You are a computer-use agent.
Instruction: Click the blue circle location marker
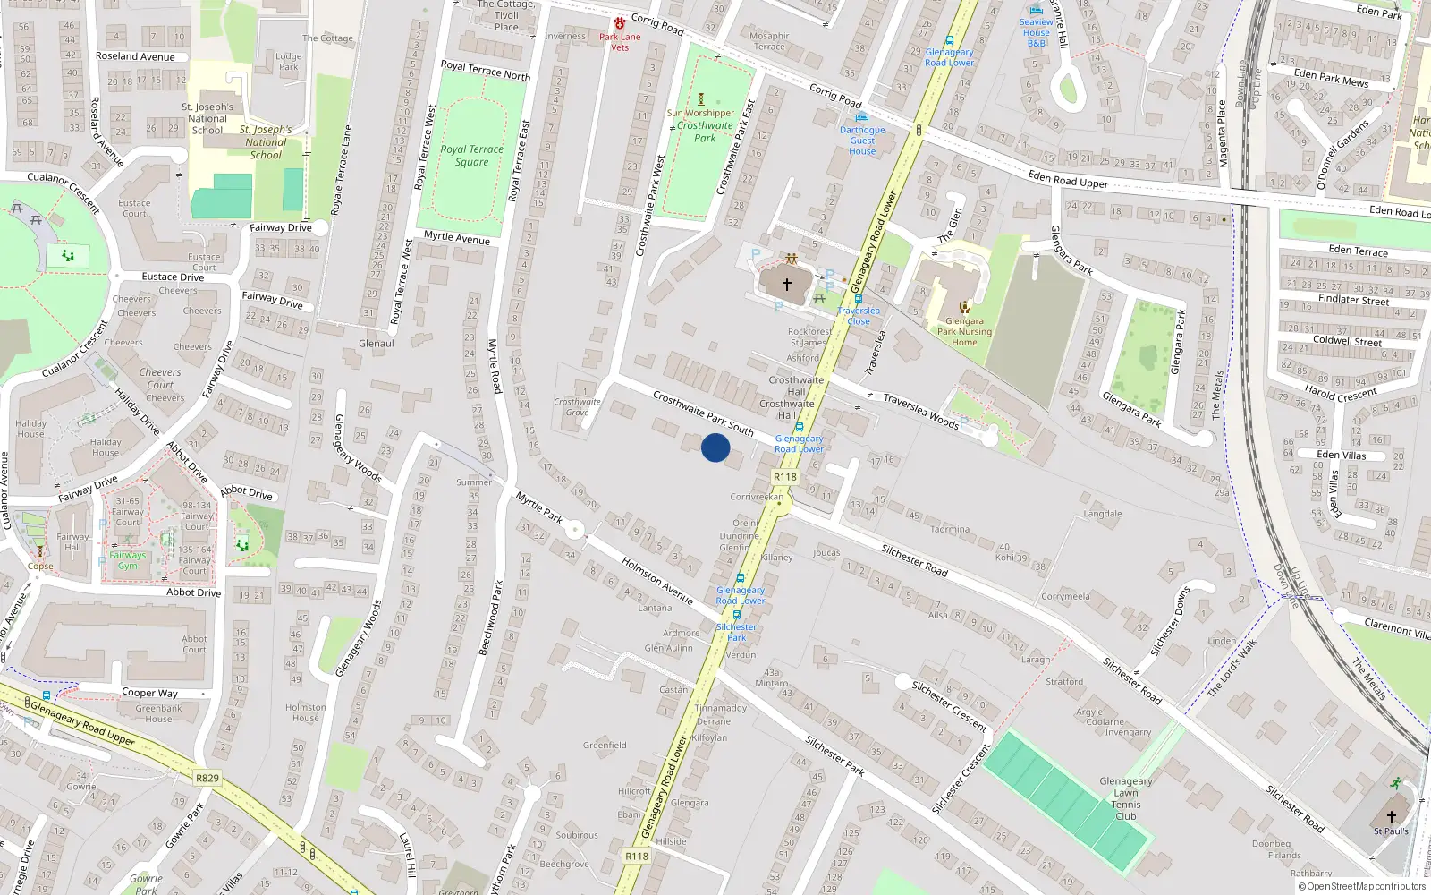[715, 447]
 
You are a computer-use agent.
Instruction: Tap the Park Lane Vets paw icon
[620, 23]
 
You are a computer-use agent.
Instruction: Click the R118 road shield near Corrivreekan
[785, 477]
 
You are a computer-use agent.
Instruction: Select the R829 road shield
[207, 778]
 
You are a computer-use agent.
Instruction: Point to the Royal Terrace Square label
[472, 156]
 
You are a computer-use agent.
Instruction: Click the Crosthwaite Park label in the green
[705, 132]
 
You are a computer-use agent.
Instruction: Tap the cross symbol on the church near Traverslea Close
[787, 285]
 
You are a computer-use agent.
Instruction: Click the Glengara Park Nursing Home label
[964, 331]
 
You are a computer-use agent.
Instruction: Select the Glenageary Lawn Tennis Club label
[1126, 798]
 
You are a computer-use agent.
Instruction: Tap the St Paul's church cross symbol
[1392, 817]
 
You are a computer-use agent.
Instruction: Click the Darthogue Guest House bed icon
[862, 117]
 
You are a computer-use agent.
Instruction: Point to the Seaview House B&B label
[1037, 33]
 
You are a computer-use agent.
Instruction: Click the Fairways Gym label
[128, 560]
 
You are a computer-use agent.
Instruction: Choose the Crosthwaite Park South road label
[703, 413]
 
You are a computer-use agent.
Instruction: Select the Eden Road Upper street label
[1068, 180]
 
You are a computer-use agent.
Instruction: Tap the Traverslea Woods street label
[921, 411]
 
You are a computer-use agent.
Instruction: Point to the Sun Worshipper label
[700, 113]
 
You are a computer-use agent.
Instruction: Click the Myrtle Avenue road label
[457, 237]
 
